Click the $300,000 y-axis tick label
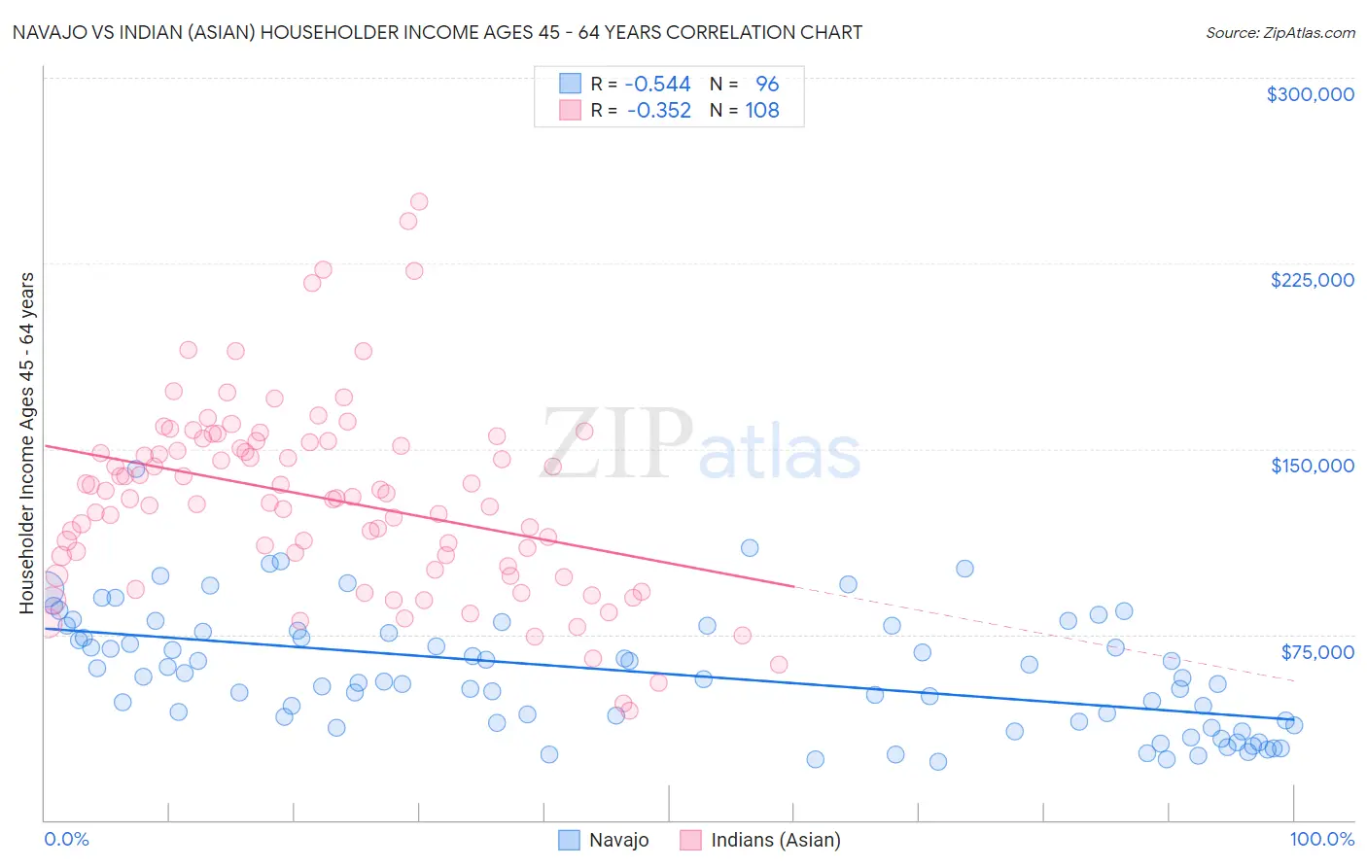1310,94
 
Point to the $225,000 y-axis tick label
1312,280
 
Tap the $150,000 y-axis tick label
1312,466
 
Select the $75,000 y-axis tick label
1316,651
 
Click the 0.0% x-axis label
66,839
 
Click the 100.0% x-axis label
1321,839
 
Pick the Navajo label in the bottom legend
618,840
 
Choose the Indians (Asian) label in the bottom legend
775,840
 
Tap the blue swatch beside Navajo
570,840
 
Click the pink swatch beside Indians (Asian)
690,840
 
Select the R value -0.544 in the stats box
657,85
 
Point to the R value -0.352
658,111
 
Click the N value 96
767,85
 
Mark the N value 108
762,111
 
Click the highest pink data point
419,202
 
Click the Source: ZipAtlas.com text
1279,32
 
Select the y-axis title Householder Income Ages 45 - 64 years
27,443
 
